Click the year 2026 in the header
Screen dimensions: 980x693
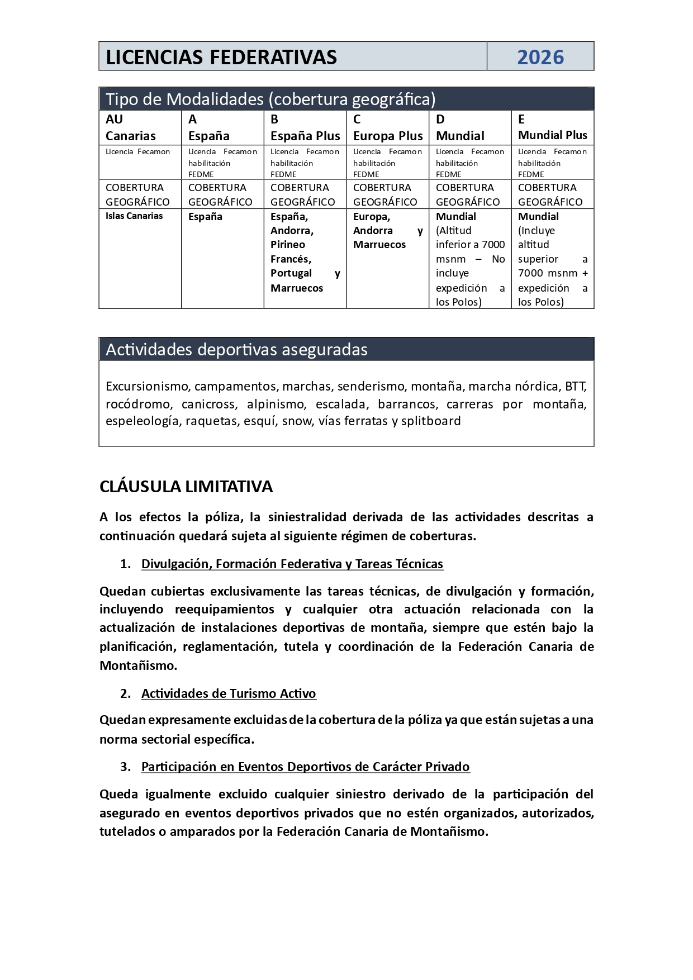tap(540, 57)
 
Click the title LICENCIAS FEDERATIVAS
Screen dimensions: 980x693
tap(221, 57)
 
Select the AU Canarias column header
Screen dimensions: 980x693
tap(131, 127)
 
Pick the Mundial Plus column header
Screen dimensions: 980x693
tap(552, 135)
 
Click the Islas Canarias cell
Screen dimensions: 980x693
tap(134, 216)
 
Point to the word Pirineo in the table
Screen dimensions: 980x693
tap(288, 244)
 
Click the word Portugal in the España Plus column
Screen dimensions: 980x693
tap(291, 273)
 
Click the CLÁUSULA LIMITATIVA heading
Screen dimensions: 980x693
tap(186, 487)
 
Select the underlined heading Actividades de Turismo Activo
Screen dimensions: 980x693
tap(229, 693)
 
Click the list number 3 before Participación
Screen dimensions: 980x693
tap(125, 767)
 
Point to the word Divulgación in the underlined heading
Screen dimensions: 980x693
tap(176, 564)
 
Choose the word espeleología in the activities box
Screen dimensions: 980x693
tap(143, 421)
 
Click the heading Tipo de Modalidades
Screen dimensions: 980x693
tap(270, 99)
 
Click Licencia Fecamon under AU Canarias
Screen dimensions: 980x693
tap(137, 151)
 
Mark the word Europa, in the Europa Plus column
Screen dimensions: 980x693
tap(372, 216)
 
